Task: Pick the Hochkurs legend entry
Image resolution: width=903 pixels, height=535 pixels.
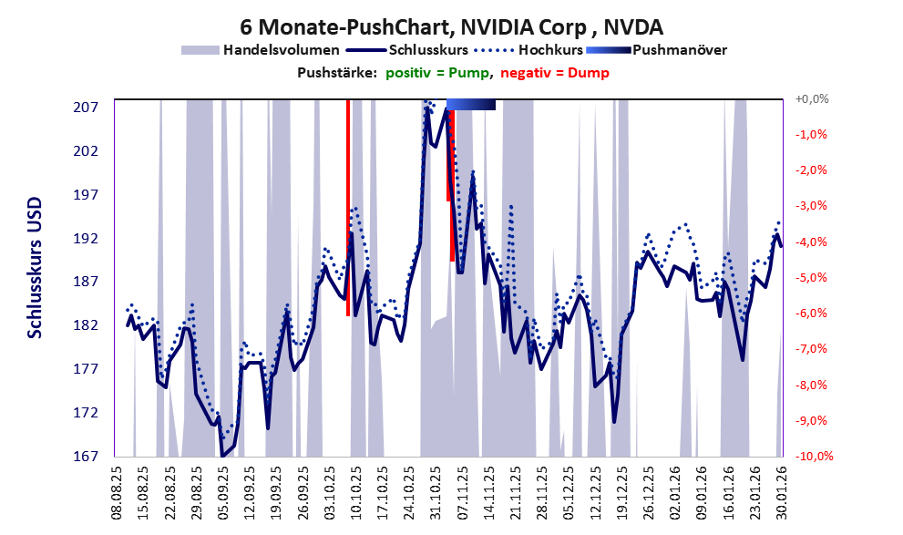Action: point(549,50)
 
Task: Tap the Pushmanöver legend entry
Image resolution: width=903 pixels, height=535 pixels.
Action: point(678,50)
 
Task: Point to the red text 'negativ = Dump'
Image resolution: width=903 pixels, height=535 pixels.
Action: point(554,73)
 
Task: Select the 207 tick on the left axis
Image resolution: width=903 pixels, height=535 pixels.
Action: point(85,108)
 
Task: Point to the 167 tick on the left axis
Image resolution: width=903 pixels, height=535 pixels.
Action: point(85,457)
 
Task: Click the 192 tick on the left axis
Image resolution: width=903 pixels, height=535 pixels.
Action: point(85,239)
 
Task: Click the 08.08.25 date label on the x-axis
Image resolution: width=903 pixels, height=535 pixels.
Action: point(117,492)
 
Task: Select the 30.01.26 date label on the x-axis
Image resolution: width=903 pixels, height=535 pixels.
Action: point(781,492)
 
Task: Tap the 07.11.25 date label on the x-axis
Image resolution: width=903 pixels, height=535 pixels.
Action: point(462,492)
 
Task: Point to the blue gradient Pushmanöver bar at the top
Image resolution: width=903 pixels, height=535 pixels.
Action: point(471,105)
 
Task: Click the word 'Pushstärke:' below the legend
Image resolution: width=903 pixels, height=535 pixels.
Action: point(337,73)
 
